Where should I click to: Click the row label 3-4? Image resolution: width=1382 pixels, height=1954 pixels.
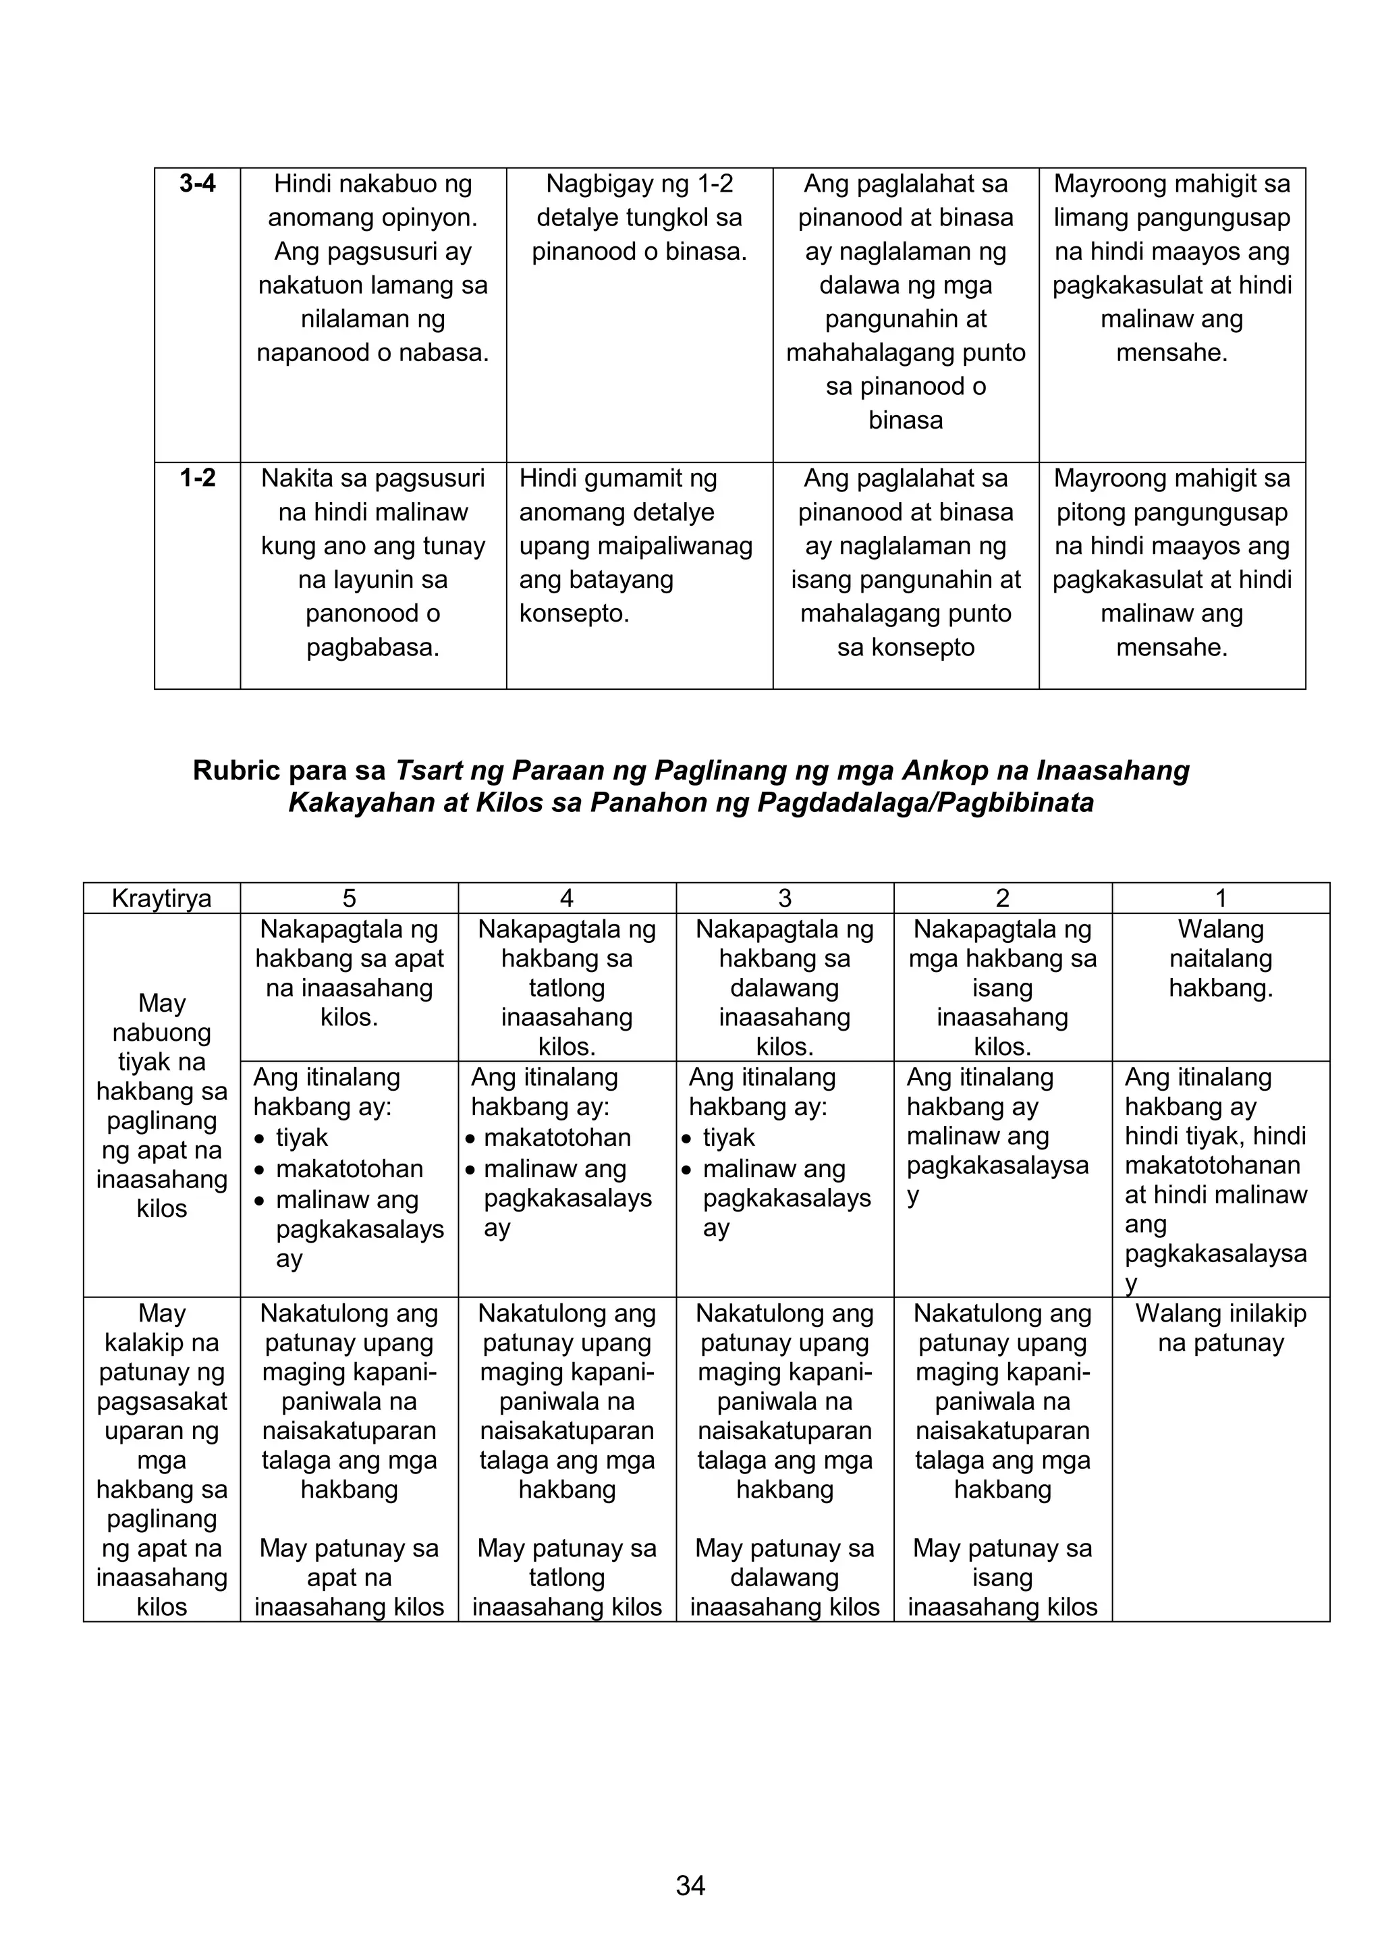click(198, 184)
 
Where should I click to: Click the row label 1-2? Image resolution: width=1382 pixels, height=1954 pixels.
click(198, 479)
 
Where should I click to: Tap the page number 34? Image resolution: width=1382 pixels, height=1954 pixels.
click(690, 1885)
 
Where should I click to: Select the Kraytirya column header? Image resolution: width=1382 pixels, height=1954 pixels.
click(162, 898)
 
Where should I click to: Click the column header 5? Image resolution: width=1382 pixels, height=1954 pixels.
click(349, 898)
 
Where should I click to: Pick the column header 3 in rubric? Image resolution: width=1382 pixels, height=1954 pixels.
click(785, 898)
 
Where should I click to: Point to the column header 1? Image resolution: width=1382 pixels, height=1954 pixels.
click(1220, 898)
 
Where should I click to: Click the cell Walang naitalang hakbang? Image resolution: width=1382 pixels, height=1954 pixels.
click(1220, 958)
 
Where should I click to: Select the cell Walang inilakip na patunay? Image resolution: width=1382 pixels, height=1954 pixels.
click(1220, 1328)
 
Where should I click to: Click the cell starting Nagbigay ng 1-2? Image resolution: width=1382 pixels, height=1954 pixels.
click(639, 217)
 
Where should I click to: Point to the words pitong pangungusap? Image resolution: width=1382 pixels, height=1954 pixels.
click(1172, 512)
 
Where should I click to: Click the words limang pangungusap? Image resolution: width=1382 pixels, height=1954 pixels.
click(1172, 218)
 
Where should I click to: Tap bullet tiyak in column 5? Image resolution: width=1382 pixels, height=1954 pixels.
click(301, 1138)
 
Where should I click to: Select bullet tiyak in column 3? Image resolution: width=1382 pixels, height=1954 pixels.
click(728, 1138)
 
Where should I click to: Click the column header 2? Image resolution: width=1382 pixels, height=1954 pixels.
click(1003, 898)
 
